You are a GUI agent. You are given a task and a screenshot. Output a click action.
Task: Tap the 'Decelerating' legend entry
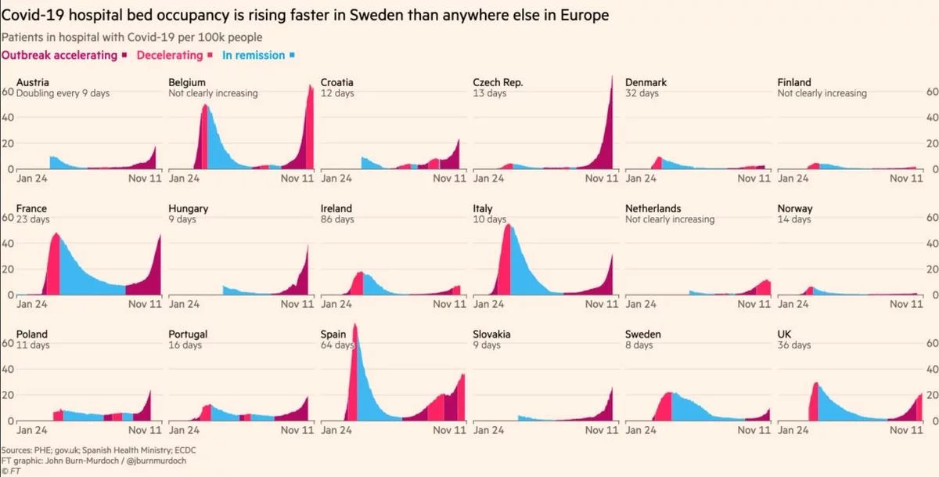point(170,55)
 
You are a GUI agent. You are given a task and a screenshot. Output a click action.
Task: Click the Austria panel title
point(32,82)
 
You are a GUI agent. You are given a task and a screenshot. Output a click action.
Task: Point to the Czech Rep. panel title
point(498,82)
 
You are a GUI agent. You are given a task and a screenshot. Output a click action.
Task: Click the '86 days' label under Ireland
point(337,219)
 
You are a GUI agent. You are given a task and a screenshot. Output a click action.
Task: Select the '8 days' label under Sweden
point(639,345)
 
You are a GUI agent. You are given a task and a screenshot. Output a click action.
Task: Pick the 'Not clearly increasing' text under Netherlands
point(670,219)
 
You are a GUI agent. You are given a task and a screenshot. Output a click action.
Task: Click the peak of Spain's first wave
point(355,324)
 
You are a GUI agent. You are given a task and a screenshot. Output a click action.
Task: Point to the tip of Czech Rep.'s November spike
point(612,76)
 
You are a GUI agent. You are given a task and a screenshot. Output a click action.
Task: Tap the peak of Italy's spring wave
point(508,225)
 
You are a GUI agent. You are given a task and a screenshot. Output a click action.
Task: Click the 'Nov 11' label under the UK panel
point(906,430)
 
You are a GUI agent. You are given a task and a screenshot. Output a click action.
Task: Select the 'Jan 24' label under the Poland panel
point(32,430)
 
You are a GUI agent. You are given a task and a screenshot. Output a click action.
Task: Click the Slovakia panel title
point(491,334)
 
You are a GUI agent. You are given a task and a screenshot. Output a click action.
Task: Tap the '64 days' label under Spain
point(337,345)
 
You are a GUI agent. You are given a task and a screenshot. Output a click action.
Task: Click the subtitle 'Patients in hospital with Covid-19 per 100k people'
point(132,37)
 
